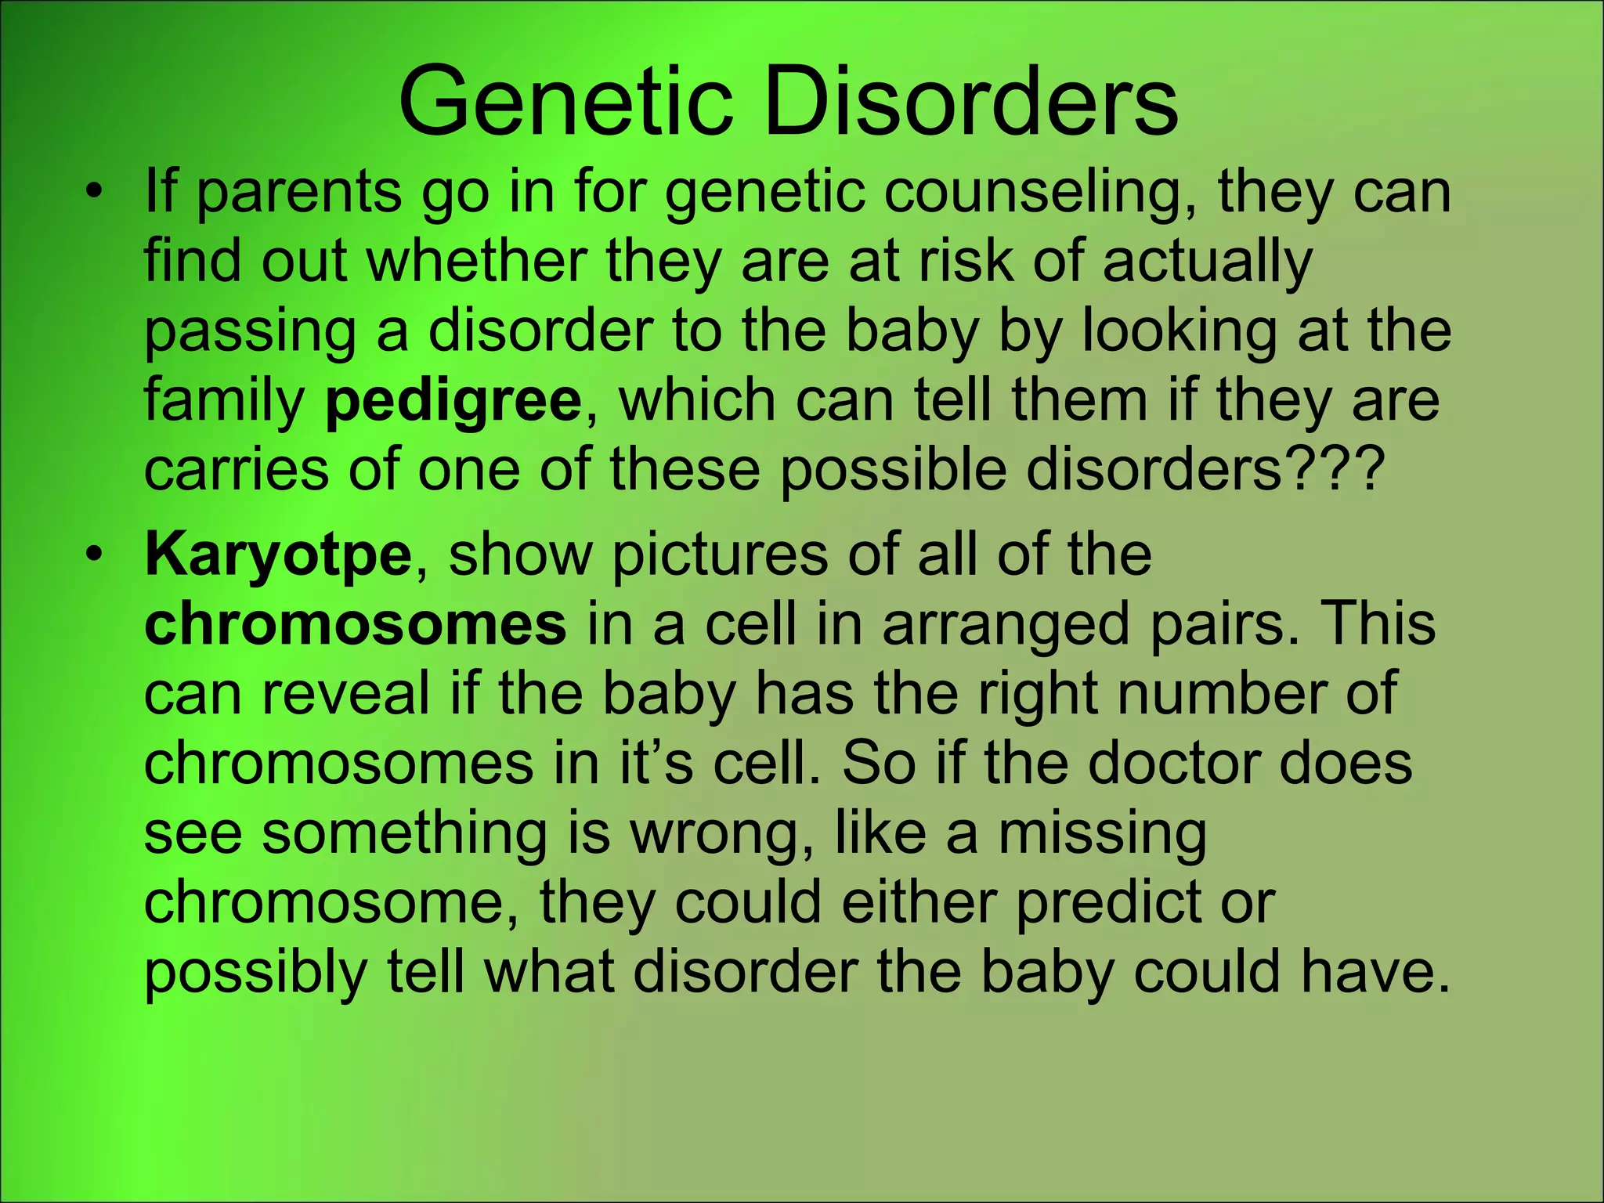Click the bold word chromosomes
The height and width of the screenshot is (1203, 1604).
pos(355,624)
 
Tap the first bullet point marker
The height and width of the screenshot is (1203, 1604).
pos(94,193)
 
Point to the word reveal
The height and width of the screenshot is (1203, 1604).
pos(345,694)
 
